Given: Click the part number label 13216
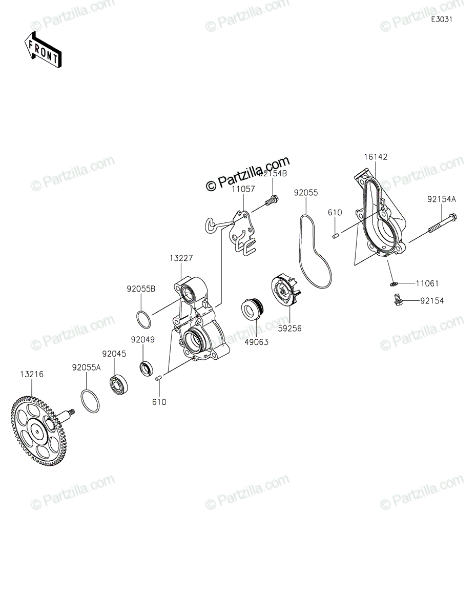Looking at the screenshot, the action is [32, 375].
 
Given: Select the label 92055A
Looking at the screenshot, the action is [86, 367].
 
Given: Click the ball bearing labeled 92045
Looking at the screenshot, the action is [120, 384].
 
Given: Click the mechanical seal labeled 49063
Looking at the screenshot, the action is [252, 310].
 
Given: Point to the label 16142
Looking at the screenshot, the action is [377, 157].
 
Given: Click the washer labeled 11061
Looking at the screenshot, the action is [392, 282].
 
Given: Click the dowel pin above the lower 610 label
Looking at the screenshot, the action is [159, 378].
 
